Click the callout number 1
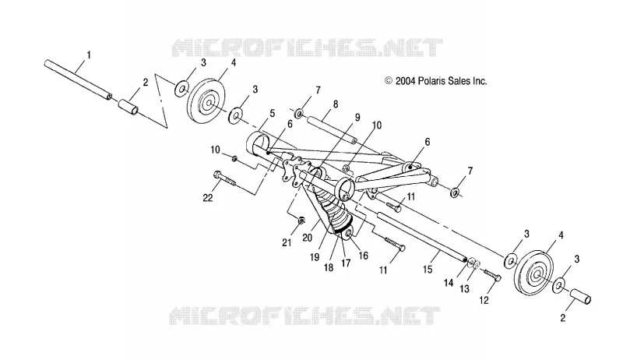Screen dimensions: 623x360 89,55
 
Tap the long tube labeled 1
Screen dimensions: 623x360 78,80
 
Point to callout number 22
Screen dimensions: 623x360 208,197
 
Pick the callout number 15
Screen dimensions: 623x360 428,270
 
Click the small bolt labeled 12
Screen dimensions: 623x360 492,275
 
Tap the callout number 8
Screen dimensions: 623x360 336,104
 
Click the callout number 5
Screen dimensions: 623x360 272,114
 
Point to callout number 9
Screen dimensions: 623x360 357,118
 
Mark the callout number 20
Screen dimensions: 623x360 307,238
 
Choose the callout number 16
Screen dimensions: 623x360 364,256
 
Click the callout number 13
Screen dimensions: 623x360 464,289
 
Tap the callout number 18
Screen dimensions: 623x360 329,267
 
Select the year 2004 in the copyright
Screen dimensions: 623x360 405,81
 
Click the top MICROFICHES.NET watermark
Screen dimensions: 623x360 307,48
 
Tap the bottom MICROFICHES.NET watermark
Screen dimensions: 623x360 304,316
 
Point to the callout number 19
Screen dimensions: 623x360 315,257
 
